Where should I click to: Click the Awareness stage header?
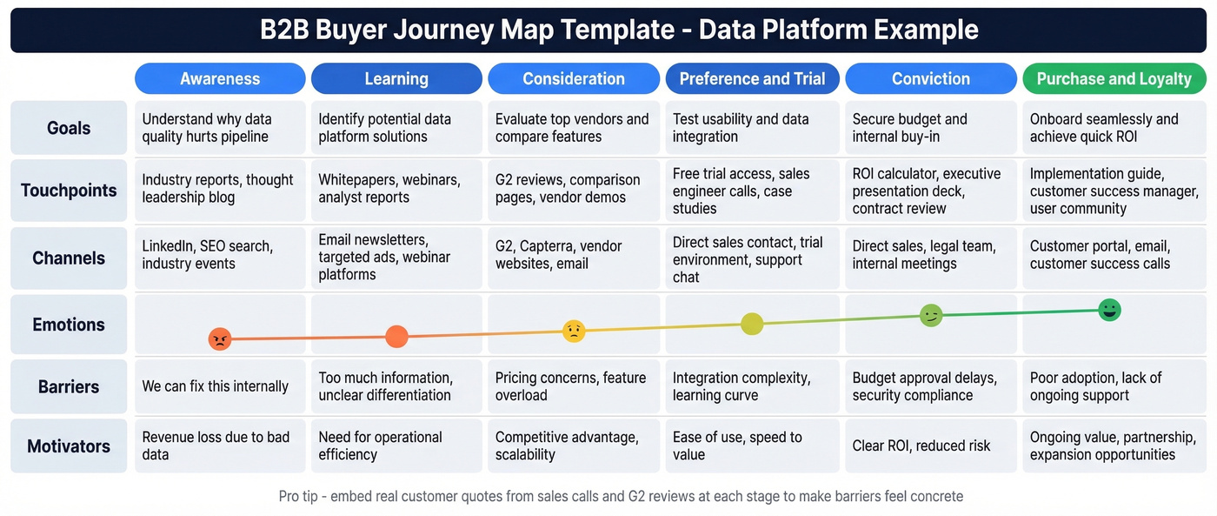pyautogui.click(x=220, y=78)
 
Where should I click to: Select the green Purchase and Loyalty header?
pyautogui.click(x=1114, y=78)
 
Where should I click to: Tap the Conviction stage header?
pyautogui.click(x=930, y=78)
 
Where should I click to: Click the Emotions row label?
pyautogui.click(x=69, y=325)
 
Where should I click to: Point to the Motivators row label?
pyautogui.click(x=69, y=446)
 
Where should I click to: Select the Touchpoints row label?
pyautogui.click(x=69, y=190)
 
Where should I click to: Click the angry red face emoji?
pyautogui.click(x=220, y=338)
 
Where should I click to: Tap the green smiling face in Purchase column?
pyautogui.click(x=1109, y=310)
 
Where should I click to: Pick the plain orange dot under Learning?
pyautogui.click(x=396, y=337)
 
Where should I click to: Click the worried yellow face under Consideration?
pyautogui.click(x=574, y=331)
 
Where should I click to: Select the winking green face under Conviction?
pyautogui.click(x=931, y=316)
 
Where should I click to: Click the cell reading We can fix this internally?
pyautogui.click(x=220, y=386)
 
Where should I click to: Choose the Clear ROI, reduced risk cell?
pyautogui.click(x=930, y=446)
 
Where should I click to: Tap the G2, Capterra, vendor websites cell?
pyautogui.click(x=573, y=255)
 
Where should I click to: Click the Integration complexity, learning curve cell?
pyautogui.click(x=752, y=386)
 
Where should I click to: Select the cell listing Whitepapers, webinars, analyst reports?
pyautogui.click(x=396, y=189)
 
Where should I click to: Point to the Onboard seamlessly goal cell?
pyautogui.click(x=1114, y=128)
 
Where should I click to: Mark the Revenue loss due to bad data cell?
pyautogui.click(x=220, y=446)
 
